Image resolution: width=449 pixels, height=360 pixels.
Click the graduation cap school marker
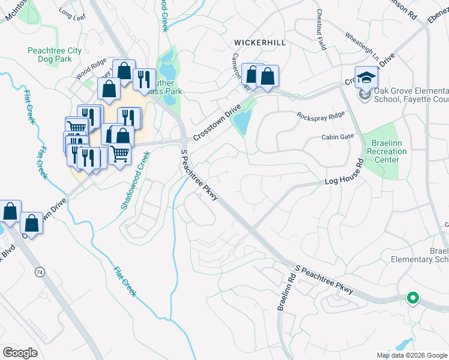[x=366, y=78]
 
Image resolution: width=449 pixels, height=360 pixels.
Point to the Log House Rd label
[x=344, y=172]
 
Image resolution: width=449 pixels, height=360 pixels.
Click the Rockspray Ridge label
[x=320, y=115]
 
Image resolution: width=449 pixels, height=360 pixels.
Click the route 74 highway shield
[x=40, y=272]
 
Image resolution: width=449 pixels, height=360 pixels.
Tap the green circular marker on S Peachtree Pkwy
[x=412, y=297]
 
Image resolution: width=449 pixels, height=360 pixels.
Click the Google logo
[x=20, y=353]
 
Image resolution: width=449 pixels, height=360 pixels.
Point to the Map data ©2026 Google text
[x=411, y=355]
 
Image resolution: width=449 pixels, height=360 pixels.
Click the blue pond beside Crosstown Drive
[x=243, y=122]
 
